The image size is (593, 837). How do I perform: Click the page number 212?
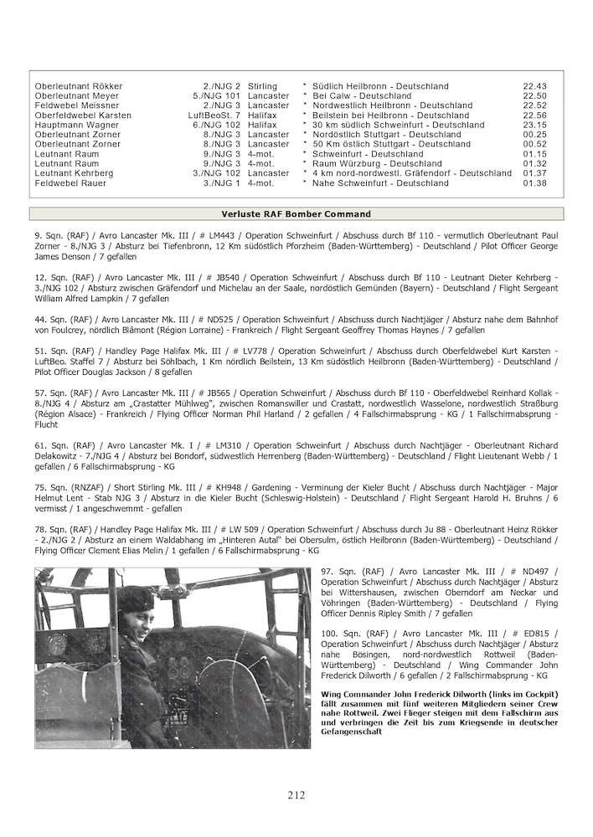tap(296, 795)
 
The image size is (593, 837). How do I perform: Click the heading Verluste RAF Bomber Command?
tap(296, 214)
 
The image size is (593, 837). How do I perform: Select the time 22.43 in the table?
tap(534, 86)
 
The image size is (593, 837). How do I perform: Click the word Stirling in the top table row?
tap(263, 86)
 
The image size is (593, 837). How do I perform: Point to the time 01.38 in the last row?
tap(534, 182)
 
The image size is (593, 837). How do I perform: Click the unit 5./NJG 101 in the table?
tap(216, 96)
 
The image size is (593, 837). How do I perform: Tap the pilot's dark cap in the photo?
tap(134, 599)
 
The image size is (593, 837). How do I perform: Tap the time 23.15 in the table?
tap(534, 125)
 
